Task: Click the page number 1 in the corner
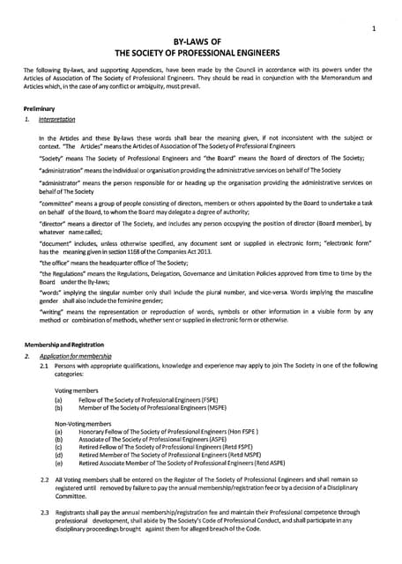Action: pos(375,28)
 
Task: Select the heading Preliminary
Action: pos(40,108)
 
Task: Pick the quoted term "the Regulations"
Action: pos(66,274)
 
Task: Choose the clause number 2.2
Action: pos(45,478)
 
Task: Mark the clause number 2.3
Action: pos(45,511)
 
